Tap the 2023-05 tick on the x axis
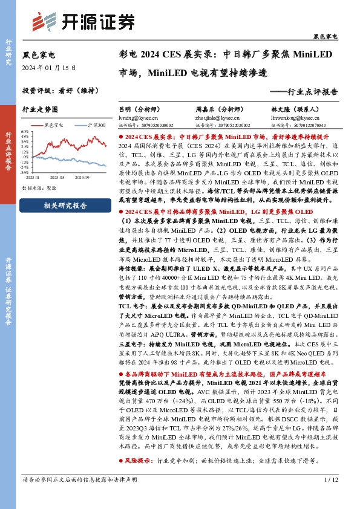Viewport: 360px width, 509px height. tap(58, 177)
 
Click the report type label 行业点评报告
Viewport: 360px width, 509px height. tap(313, 92)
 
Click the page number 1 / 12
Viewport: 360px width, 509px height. tap(330, 497)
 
